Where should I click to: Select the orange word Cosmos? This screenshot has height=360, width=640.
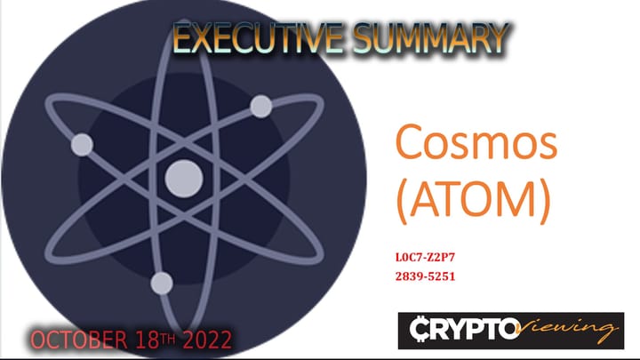tap(469, 144)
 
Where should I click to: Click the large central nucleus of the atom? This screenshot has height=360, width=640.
tap(184, 175)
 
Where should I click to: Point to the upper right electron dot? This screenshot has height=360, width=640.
tap(260, 107)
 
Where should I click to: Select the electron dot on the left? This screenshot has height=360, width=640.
tap(82, 144)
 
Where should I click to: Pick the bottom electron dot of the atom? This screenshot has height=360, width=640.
tap(162, 284)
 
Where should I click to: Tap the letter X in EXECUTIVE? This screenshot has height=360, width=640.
tap(201, 39)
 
